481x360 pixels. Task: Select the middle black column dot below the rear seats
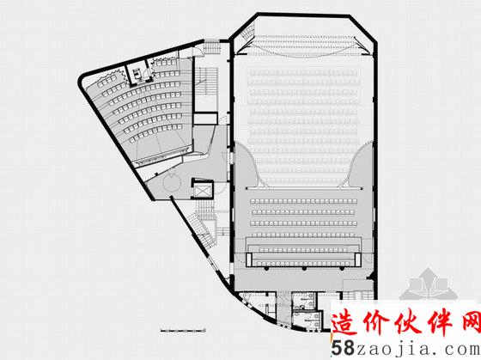tap(304, 269)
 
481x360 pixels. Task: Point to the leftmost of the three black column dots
tap(266, 269)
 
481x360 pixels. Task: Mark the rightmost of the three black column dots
tap(342, 269)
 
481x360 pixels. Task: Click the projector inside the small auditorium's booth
tap(137, 73)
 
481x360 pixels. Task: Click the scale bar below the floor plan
tap(183, 331)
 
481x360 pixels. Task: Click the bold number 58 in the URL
tap(343, 348)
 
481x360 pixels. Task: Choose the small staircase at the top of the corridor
tap(212, 46)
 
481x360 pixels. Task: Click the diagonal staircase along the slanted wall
tap(201, 229)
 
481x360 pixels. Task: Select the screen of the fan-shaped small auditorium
tap(162, 156)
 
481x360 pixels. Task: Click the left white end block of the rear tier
tap(248, 259)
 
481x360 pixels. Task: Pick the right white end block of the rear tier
tap(357, 259)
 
